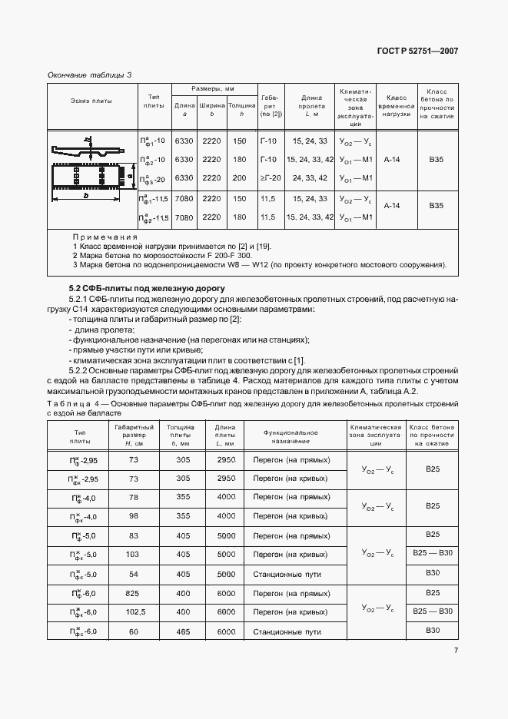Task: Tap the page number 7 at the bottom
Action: coord(456,651)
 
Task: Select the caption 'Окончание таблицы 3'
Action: coord(89,75)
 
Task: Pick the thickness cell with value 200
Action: coord(239,178)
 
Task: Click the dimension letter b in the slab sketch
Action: coord(85,196)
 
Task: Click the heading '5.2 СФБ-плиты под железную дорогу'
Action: coord(136,287)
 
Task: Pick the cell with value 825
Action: coord(134,593)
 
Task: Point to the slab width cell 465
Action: coord(183,631)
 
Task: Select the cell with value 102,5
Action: coord(134,611)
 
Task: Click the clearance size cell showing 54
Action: coord(134,574)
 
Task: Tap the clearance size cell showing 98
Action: coord(134,515)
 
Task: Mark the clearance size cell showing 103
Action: coord(134,554)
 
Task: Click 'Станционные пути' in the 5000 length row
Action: coord(287,574)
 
